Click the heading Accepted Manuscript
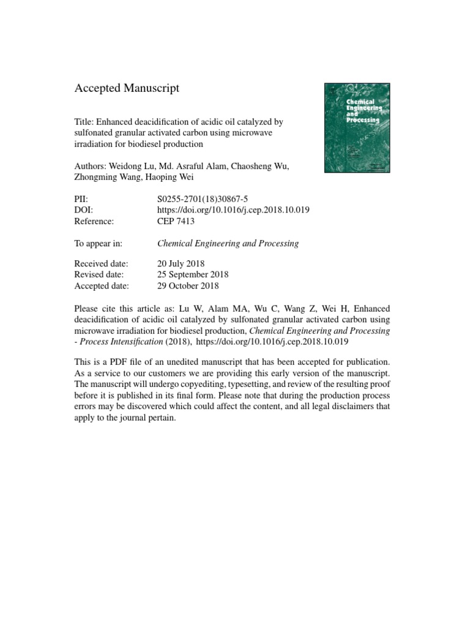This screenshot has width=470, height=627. pyautogui.click(x=127, y=89)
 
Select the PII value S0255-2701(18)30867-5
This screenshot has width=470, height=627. pyautogui.click(x=202, y=199)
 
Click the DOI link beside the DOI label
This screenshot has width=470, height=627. pyautogui.click(x=233, y=209)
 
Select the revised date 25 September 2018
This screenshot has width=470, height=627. pyautogui.click(x=193, y=275)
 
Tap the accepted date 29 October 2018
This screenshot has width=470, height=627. pyautogui.click(x=188, y=285)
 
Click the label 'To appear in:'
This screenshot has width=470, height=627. pyautogui.click(x=98, y=243)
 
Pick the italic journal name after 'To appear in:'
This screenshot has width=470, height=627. pyautogui.click(x=228, y=243)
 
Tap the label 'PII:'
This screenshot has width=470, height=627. pyautogui.click(x=82, y=199)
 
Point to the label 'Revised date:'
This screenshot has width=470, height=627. pyautogui.click(x=99, y=275)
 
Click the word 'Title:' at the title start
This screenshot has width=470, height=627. pyautogui.click(x=84, y=122)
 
